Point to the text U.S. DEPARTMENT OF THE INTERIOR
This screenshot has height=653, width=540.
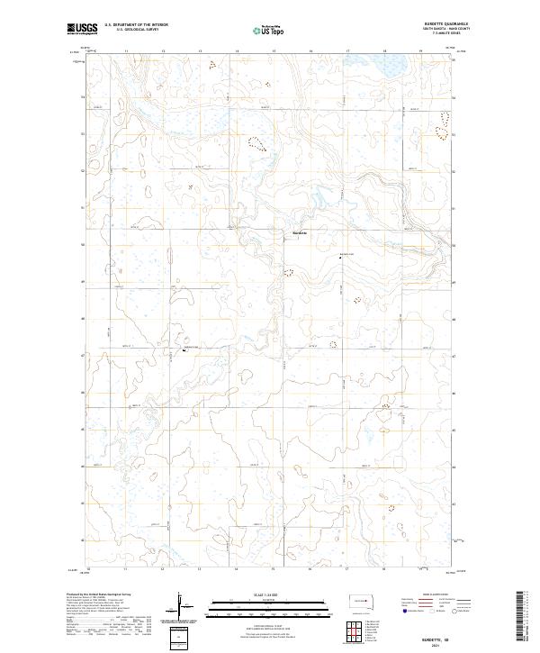click(136, 24)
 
